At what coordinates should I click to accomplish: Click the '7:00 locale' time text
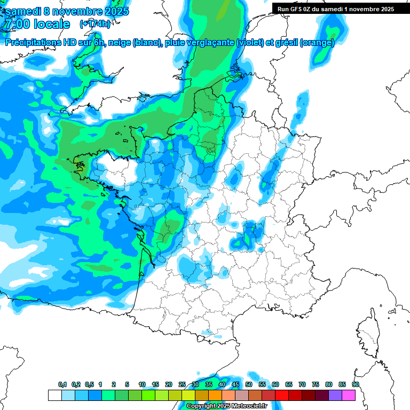[37, 24]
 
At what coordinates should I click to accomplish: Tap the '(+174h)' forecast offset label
[95, 23]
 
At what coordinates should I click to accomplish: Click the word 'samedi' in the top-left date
[24, 11]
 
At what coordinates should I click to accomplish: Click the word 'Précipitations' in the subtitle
[35, 43]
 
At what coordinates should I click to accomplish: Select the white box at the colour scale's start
[55, 395]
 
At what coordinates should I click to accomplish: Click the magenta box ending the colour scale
[349, 395]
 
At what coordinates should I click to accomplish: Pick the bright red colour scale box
[282, 395]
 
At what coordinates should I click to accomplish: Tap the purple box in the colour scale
[335, 395]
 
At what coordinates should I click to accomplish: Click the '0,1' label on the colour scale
[62, 385]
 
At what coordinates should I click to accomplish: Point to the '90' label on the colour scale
[356, 385]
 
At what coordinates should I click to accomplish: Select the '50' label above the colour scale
[249, 385]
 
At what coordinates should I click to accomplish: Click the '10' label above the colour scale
[142, 385]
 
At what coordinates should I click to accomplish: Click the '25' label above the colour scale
[182, 385]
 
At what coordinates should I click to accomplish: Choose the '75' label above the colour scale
[316, 385]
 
